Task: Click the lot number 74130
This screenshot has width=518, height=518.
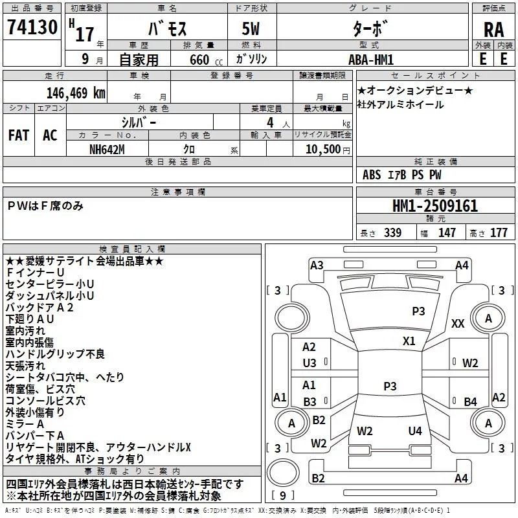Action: [32, 27]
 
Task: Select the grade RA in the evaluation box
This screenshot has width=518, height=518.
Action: [493, 30]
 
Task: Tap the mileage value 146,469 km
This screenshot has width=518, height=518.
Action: [76, 93]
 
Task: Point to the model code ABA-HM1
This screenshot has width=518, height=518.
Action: [371, 60]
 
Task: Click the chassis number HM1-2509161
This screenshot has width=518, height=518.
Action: [434, 206]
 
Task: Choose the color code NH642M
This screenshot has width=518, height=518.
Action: [107, 150]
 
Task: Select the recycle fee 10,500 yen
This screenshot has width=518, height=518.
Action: [328, 150]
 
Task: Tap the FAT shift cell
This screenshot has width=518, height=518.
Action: [19, 135]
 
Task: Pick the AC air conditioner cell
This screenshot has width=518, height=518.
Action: [50, 135]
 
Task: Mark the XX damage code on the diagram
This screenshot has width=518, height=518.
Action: [458, 324]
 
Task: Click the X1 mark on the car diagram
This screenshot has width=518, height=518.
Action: [409, 341]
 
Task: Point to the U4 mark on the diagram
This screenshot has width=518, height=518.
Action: [415, 431]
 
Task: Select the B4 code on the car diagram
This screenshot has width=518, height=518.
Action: [470, 401]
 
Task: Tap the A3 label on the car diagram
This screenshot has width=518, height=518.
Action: [317, 265]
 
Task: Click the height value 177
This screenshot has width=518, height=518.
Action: [499, 232]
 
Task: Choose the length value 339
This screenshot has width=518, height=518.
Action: [392, 232]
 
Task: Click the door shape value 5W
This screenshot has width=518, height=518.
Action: [251, 28]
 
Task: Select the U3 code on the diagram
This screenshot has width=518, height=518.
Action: [310, 363]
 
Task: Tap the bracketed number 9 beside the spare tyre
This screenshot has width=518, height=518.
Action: [283, 495]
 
